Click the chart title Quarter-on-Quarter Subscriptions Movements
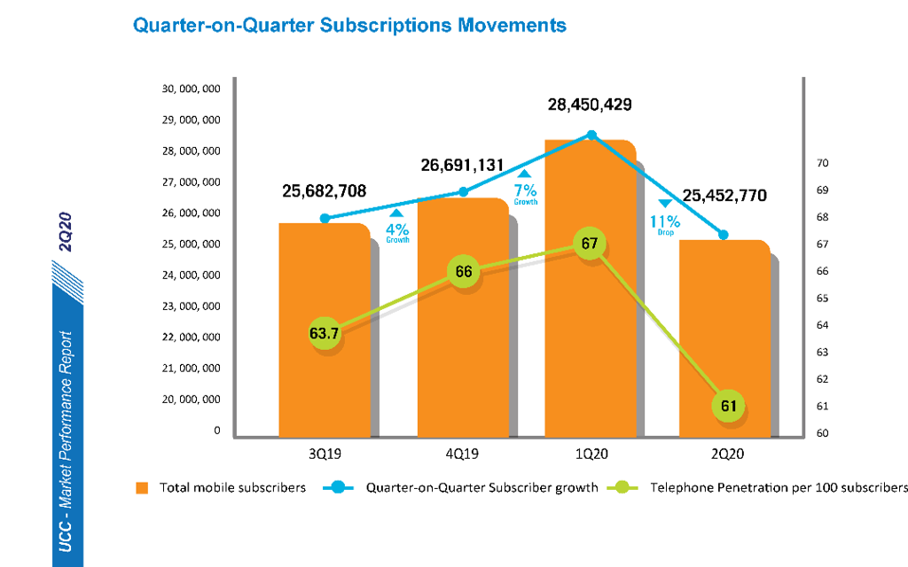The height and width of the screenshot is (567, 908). (348, 25)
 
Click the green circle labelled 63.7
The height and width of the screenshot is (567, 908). (325, 334)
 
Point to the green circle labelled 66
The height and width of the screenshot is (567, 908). (463, 271)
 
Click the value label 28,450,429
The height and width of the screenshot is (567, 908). (590, 105)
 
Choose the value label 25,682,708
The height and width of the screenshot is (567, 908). (324, 190)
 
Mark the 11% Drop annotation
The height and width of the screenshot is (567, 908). (667, 221)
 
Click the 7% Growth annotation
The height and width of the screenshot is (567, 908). (526, 189)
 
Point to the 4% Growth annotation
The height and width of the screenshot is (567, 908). (396, 227)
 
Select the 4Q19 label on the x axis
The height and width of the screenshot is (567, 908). (462, 453)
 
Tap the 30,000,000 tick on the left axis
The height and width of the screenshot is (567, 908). (191, 89)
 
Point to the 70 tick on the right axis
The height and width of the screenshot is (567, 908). (821, 163)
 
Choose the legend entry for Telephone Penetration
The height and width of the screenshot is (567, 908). (779, 487)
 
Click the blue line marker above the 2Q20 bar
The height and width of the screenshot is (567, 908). (724, 235)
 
